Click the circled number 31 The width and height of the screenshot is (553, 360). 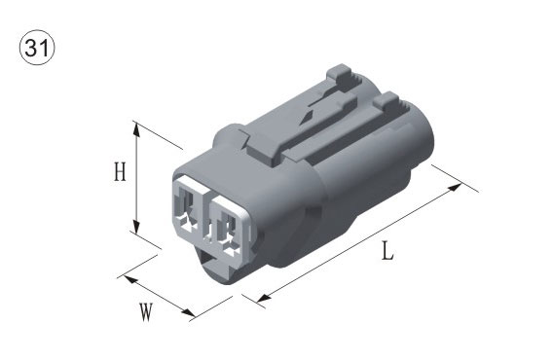(37, 48)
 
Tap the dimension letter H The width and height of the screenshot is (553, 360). (120, 171)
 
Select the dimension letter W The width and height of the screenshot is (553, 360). (146, 311)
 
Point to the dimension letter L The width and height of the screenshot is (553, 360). (387, 251)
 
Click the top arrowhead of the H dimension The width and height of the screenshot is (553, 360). (136, 129)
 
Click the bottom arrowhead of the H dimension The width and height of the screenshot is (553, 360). (136, 226)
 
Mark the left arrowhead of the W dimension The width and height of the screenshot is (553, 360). (129, 279)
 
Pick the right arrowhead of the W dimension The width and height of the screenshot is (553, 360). (188, 312)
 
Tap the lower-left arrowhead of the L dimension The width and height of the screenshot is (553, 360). (264, 299)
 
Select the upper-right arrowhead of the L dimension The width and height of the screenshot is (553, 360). (455, 188)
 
